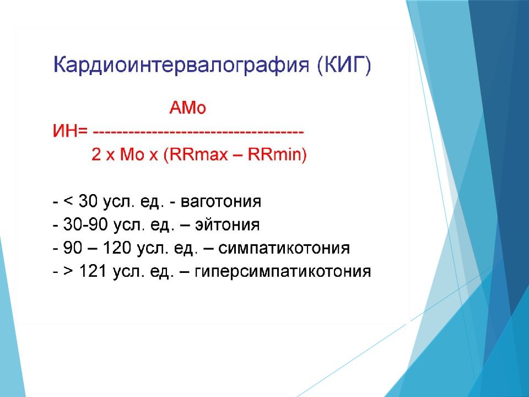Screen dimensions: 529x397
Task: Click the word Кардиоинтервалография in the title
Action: [x=181, y=65]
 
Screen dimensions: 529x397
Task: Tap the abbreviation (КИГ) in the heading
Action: [x=344, y=65]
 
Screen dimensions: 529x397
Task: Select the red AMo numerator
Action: [x=187, y=108]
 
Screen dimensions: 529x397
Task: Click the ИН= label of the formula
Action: [x=70, y=131]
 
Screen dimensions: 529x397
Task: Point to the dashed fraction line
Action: [x=198, y=131]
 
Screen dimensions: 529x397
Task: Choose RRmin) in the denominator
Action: [x=277, y=154]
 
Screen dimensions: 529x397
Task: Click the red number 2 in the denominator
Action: [x=96, y=154]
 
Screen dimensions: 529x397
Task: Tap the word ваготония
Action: [x=221, y=202]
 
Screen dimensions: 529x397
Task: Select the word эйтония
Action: [x=228, y=225]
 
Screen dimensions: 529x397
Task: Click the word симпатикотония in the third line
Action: [x=284, y=248]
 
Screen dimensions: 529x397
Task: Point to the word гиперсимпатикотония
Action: [x=283, y=271]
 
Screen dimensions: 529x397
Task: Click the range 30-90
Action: [x=85, y=225]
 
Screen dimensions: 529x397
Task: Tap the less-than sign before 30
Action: [x=68, y=202]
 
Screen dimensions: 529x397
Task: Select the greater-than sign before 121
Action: [x=68, y=271]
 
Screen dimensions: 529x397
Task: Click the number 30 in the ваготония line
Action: [x=88, y=202]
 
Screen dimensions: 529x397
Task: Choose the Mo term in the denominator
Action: [x=132, y=154]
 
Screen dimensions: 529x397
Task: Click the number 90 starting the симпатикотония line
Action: [x=73, y=248]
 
